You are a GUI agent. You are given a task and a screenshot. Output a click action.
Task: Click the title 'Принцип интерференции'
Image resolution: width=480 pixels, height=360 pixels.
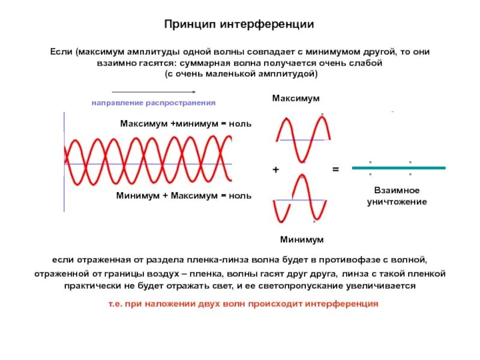click(x=239, y=25)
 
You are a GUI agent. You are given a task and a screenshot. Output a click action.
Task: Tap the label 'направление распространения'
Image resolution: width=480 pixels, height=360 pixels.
click(x=153, y=103)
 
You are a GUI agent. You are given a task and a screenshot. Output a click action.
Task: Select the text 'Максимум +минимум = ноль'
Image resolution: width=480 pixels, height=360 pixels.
click(x=185, y=124)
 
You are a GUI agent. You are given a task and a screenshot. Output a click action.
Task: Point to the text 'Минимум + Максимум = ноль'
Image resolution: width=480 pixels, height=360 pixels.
click(x=184, y=196)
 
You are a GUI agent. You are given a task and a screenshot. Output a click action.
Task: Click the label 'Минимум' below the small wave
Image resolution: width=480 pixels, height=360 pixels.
click(x=302, y=239)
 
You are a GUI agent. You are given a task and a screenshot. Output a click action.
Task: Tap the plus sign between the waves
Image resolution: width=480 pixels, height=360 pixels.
click(x=275, y=170)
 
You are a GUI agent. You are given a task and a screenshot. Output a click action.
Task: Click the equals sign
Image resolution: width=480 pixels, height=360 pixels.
click(x=335, y=170)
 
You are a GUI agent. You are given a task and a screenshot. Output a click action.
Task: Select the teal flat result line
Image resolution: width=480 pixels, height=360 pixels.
click(x=398, y=168)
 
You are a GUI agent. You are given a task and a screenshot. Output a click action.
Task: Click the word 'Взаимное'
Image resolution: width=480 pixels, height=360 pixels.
click(x=397, y=190)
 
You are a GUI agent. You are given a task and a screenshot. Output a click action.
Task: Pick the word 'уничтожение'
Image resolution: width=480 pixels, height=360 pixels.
click(x=397, y=202)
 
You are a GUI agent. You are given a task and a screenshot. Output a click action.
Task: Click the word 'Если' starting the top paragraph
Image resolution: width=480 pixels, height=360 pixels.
click(x=61, y=52)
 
